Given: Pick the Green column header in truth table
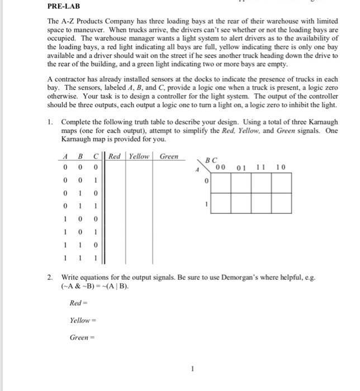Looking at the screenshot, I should pyautogui.click(x=169, y=157).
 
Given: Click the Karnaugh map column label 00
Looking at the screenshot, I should pyautogui.click(x=221, y=167).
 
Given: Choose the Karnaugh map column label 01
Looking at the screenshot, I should pyautogui.click(x=241, y=167).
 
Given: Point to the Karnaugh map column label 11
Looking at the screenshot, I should pyautogui.click(x=261, y=167).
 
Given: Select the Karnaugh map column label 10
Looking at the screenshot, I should pyautogui.click(x=281, y=167).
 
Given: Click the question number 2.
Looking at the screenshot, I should pyautogui.click(x=49, y=278).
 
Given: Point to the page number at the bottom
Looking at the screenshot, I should pyautogui.click(x=192, y=369).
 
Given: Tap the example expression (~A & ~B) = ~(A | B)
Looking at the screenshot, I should pyautogui.click(x=94, y=287).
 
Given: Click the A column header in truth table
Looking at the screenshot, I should pyautogui.click(x=65, y=157).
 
